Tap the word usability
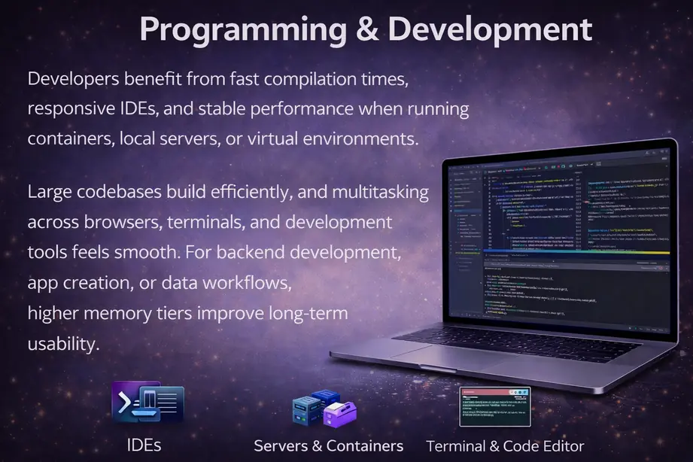click(x=63, y=344)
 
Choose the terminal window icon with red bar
click(x=494, y=407)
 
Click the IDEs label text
click(x=144, y=445)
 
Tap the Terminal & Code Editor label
click(x=505, y=445)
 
